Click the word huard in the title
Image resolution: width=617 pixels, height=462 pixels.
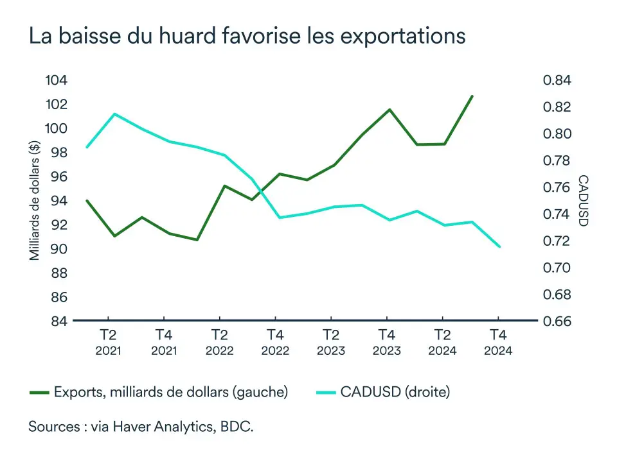[199, 36]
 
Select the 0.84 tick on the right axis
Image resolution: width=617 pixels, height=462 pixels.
[557, 80]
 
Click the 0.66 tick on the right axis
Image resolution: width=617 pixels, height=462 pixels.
[557, 321]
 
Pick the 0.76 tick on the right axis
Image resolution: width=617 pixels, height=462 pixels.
[557, 187]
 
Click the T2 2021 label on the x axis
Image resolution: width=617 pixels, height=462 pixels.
[108, 342]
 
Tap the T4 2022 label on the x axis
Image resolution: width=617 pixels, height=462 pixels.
[275, 342]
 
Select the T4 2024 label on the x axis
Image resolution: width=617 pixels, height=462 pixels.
[497, 342]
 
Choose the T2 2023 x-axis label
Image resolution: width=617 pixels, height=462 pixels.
[330, 342]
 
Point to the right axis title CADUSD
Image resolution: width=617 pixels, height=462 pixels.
[582, 200]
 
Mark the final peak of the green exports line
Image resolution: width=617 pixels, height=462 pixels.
[472, 96]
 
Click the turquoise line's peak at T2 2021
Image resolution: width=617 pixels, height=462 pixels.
[114, 114]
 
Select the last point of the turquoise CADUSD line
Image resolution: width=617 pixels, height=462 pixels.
[499, 246]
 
